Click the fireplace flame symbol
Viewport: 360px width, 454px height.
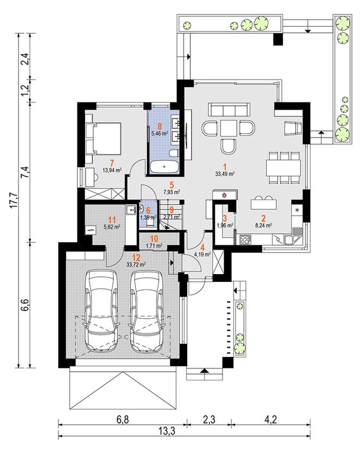(x=224, y=195)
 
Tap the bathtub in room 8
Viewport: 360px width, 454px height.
(x=164, y=167)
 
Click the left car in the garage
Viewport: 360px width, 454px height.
(x=101, y=311)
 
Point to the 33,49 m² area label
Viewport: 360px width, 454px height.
(x=225, y=174)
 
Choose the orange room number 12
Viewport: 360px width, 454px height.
(x=136, y=258)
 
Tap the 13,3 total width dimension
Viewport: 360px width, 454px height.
(x=167, y=431)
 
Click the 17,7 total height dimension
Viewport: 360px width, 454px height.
(x=16, y=201)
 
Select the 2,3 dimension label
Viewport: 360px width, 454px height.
(x=209, y=420)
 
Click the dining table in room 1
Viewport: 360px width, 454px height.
(x=284, y=167)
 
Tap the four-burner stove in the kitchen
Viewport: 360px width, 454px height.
(x=245, y=240)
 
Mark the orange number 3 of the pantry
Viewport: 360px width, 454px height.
(x=224, y=218)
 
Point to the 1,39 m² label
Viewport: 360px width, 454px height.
(x=148, y=217)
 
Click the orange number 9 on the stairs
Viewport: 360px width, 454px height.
(x=172, y=210)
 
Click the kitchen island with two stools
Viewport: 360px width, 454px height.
(x=263, y=204)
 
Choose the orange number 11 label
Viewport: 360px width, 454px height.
(x=112, y=220)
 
